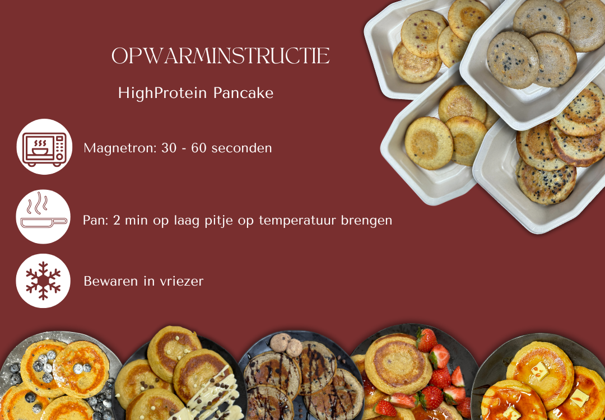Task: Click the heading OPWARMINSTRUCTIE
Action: [220, 56]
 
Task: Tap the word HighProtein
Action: [163, 94]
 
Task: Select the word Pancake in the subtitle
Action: [244, 93]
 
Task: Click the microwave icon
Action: [44, 147]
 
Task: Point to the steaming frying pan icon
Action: [43, 217]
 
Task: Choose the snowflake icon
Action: [43, 281]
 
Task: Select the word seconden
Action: [242, 148]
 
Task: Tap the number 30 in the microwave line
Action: [169, 148]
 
